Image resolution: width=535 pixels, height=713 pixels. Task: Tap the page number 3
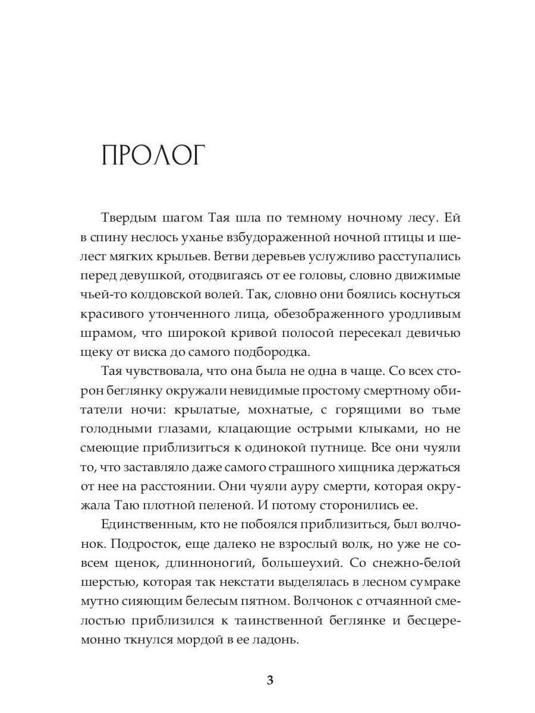(x=270, y=680)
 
